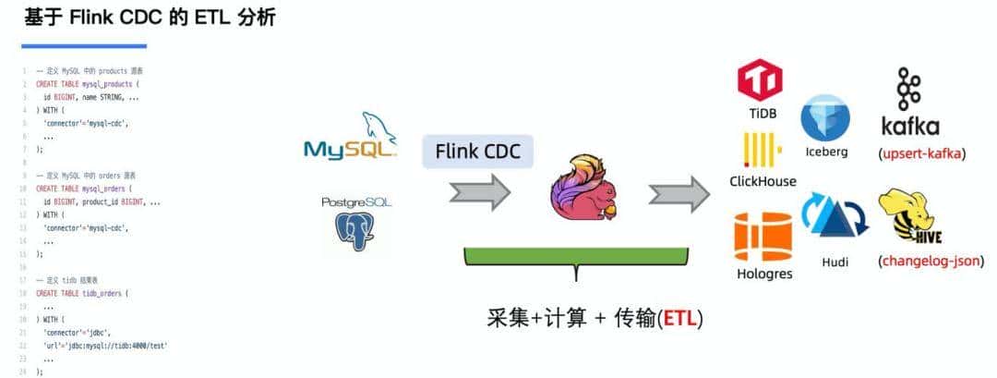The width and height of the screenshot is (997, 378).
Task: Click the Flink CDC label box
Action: (x=477, y=151)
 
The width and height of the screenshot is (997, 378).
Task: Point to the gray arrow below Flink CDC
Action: (x=479, y=192)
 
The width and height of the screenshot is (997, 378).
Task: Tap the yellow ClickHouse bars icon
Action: (x=763, y=151)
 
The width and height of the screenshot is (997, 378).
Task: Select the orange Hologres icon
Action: (x=763, y=236)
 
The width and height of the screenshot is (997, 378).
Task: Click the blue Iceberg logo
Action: (x=825, y=118)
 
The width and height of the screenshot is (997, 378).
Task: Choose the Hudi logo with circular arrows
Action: (x=834, y=219)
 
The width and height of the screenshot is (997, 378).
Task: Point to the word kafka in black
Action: (x=910, y=126)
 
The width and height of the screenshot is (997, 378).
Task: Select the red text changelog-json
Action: (x=929, y=261)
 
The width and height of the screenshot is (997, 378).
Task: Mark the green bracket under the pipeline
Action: (x=576, y=260)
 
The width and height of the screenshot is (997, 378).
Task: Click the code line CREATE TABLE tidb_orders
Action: (x=82, y=293)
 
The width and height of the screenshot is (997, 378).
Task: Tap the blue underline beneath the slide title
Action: (x=84, y=45)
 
